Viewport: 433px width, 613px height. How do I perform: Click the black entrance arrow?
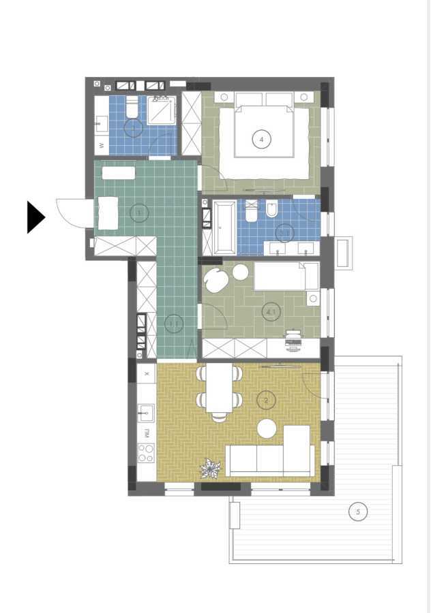35,217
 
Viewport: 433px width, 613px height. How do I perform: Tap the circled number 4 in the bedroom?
260,140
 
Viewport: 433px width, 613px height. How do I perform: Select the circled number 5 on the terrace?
357,511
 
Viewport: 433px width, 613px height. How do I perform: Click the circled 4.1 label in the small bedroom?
271,312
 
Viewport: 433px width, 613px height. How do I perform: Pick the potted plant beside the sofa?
210,469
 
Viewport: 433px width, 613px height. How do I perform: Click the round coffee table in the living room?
267,428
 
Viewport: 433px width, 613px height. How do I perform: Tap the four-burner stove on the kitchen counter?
146,453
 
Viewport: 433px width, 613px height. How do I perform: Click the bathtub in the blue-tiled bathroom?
224,227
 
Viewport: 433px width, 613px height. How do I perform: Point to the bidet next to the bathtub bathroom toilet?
271,212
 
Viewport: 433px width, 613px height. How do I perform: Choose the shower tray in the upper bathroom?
162,110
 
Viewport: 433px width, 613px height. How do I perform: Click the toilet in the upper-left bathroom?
132,107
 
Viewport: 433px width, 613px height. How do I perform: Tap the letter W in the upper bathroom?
102,146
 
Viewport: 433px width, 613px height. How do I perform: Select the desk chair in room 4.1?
293,343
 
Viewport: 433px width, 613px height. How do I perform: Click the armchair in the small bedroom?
218,279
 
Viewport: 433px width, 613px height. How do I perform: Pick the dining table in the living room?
220,388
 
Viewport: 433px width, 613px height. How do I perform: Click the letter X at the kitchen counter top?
146,374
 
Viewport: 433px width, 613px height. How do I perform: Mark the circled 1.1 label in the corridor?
174,324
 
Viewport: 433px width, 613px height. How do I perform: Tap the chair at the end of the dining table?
220,418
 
